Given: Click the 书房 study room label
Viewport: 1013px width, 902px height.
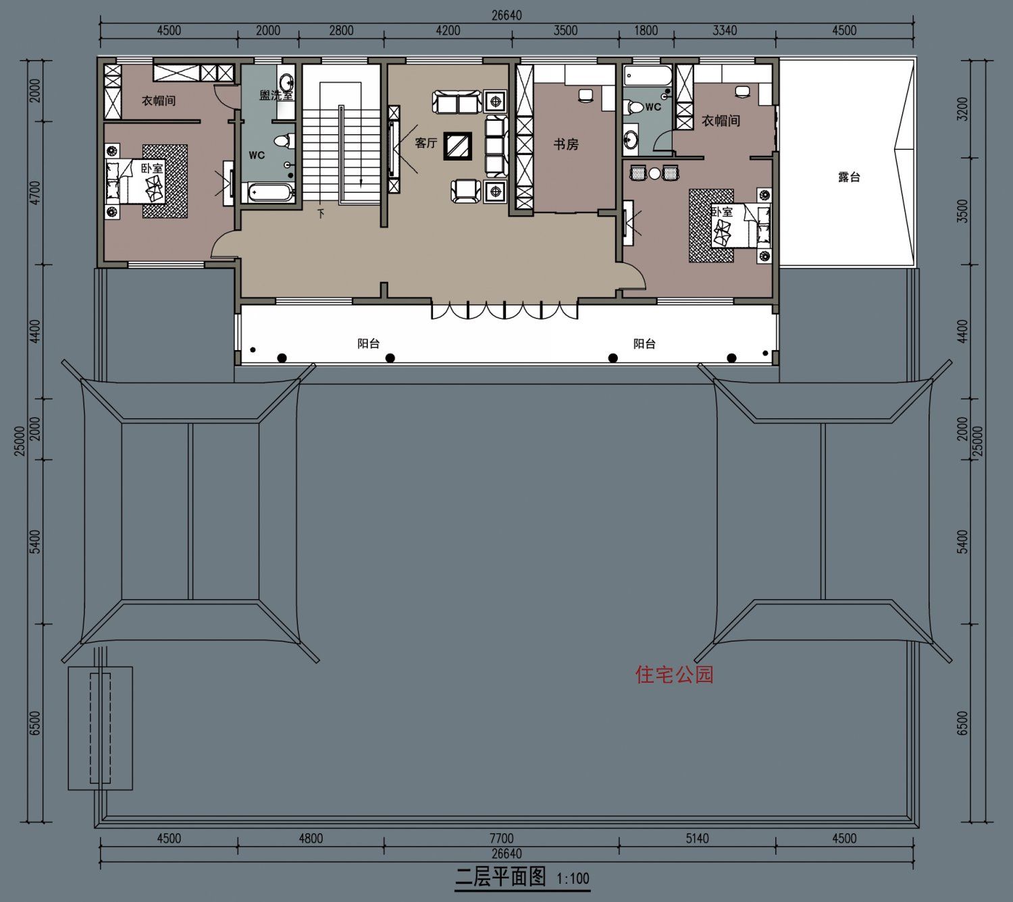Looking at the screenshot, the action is pyautogui.click(x=566, y=145).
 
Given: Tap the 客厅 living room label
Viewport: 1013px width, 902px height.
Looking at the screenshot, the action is pyautogui.click(x=426, y=143).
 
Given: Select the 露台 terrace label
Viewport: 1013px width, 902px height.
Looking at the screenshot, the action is pyautogui.click(x=849, y=177).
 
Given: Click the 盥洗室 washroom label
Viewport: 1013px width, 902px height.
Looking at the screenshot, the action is pyautogui.click(x=276, y=95).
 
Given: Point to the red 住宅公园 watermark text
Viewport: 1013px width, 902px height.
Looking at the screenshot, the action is pyautogui.click(x=675, y=675).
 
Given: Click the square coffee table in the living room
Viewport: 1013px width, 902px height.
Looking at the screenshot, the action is pyautogui.click(x=457, y=146).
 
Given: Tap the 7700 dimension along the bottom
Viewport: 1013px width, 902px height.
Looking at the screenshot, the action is pyautogui.click(x=501, y=838).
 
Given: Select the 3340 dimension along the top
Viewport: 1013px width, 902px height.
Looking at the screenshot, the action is pyautogui.click(x=725, y=30).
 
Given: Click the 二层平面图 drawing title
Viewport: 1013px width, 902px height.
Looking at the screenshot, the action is pyautogui.click(x=500, y=876).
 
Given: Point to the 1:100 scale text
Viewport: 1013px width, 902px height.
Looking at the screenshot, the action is pyautogui.click(x=573, y=878).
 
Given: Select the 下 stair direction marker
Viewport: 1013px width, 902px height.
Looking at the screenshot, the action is pyautogui.click(x=321, y=214).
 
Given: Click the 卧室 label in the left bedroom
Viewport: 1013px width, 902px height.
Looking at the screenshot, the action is pyautogui.click(x=151, y=168).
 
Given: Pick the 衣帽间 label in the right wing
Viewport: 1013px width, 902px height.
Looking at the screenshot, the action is pyautogui.click(x=721, y=121).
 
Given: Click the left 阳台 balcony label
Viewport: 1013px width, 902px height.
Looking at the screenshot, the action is pyautogui.click(x=369, y=343).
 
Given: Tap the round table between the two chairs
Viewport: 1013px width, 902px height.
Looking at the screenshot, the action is pyautogui.click(x=655, y=173).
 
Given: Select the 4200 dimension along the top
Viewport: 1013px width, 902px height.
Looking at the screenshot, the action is pyautogui.click(x=448, y=30).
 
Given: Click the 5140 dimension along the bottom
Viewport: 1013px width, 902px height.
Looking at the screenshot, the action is pyautogui.click(x=697, y=838).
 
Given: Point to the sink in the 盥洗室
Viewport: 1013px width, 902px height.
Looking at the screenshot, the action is pyautogui.click(x=286, y=80).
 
